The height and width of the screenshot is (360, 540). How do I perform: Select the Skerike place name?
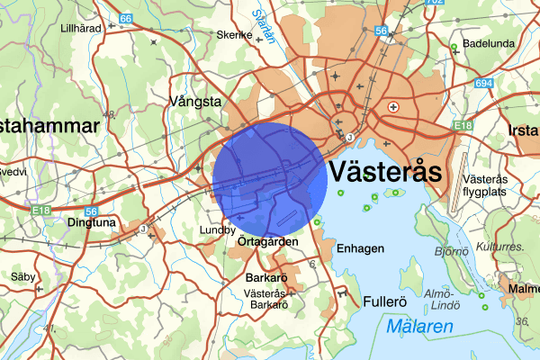[233, 35]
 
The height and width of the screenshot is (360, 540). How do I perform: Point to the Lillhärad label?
[79, 28]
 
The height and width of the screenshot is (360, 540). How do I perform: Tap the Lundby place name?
[217, 230]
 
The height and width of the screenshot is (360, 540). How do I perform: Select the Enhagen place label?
[360, 247]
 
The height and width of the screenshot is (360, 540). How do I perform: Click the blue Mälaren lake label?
[421, 328]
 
